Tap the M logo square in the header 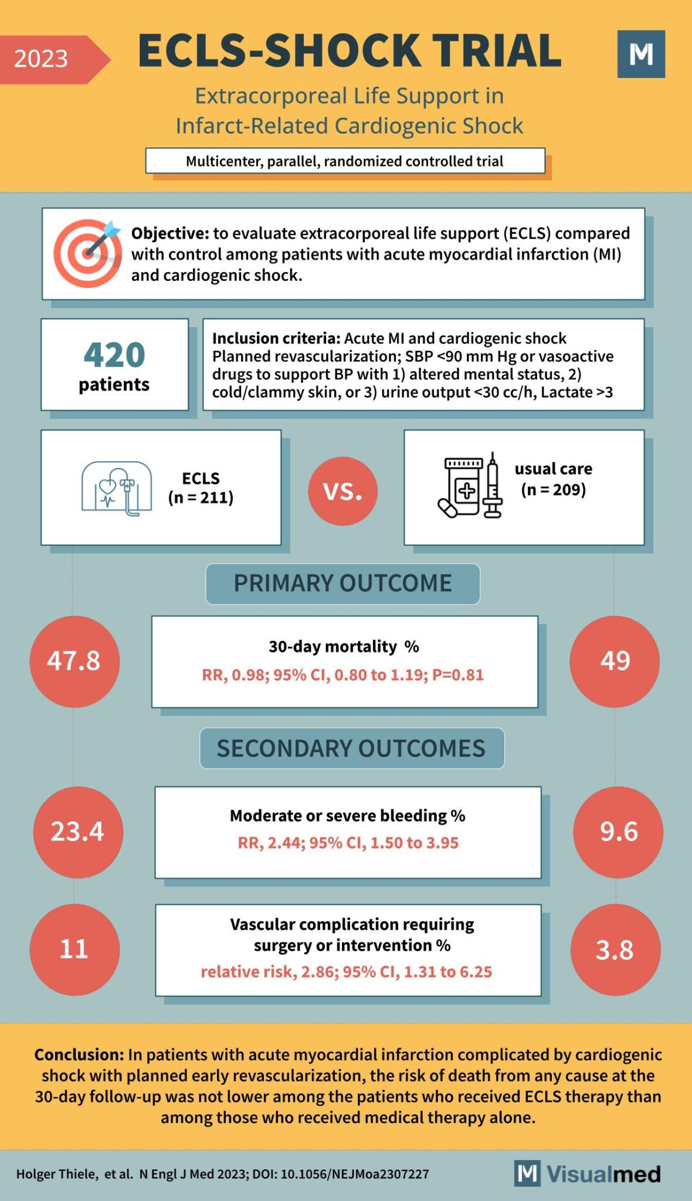(x=641, y=54)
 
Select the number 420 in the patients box (x=114, y=355)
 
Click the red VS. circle (x=342, y=491)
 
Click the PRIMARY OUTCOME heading (x=342, y=583)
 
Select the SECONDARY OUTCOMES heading (x=351, y=748)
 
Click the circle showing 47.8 (x=74, y=661)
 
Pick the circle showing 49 (x=615, y=661)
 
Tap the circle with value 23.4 (x=77, y=832)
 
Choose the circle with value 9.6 (x=618, y=832)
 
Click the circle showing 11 (x=74, y=949)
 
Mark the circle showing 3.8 (x=615, y=949)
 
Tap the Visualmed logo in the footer (x=588, y=1174)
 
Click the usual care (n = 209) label (x=553, y=479)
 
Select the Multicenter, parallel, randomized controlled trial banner (x=345, y=161)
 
